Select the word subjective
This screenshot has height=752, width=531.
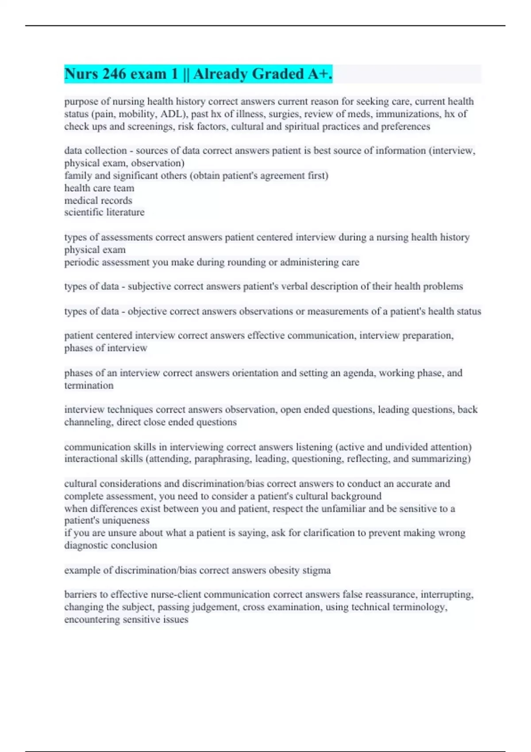pyautogui.click(x=150, y=287)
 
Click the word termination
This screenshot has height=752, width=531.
pyautogui.click(x=89, y=386)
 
